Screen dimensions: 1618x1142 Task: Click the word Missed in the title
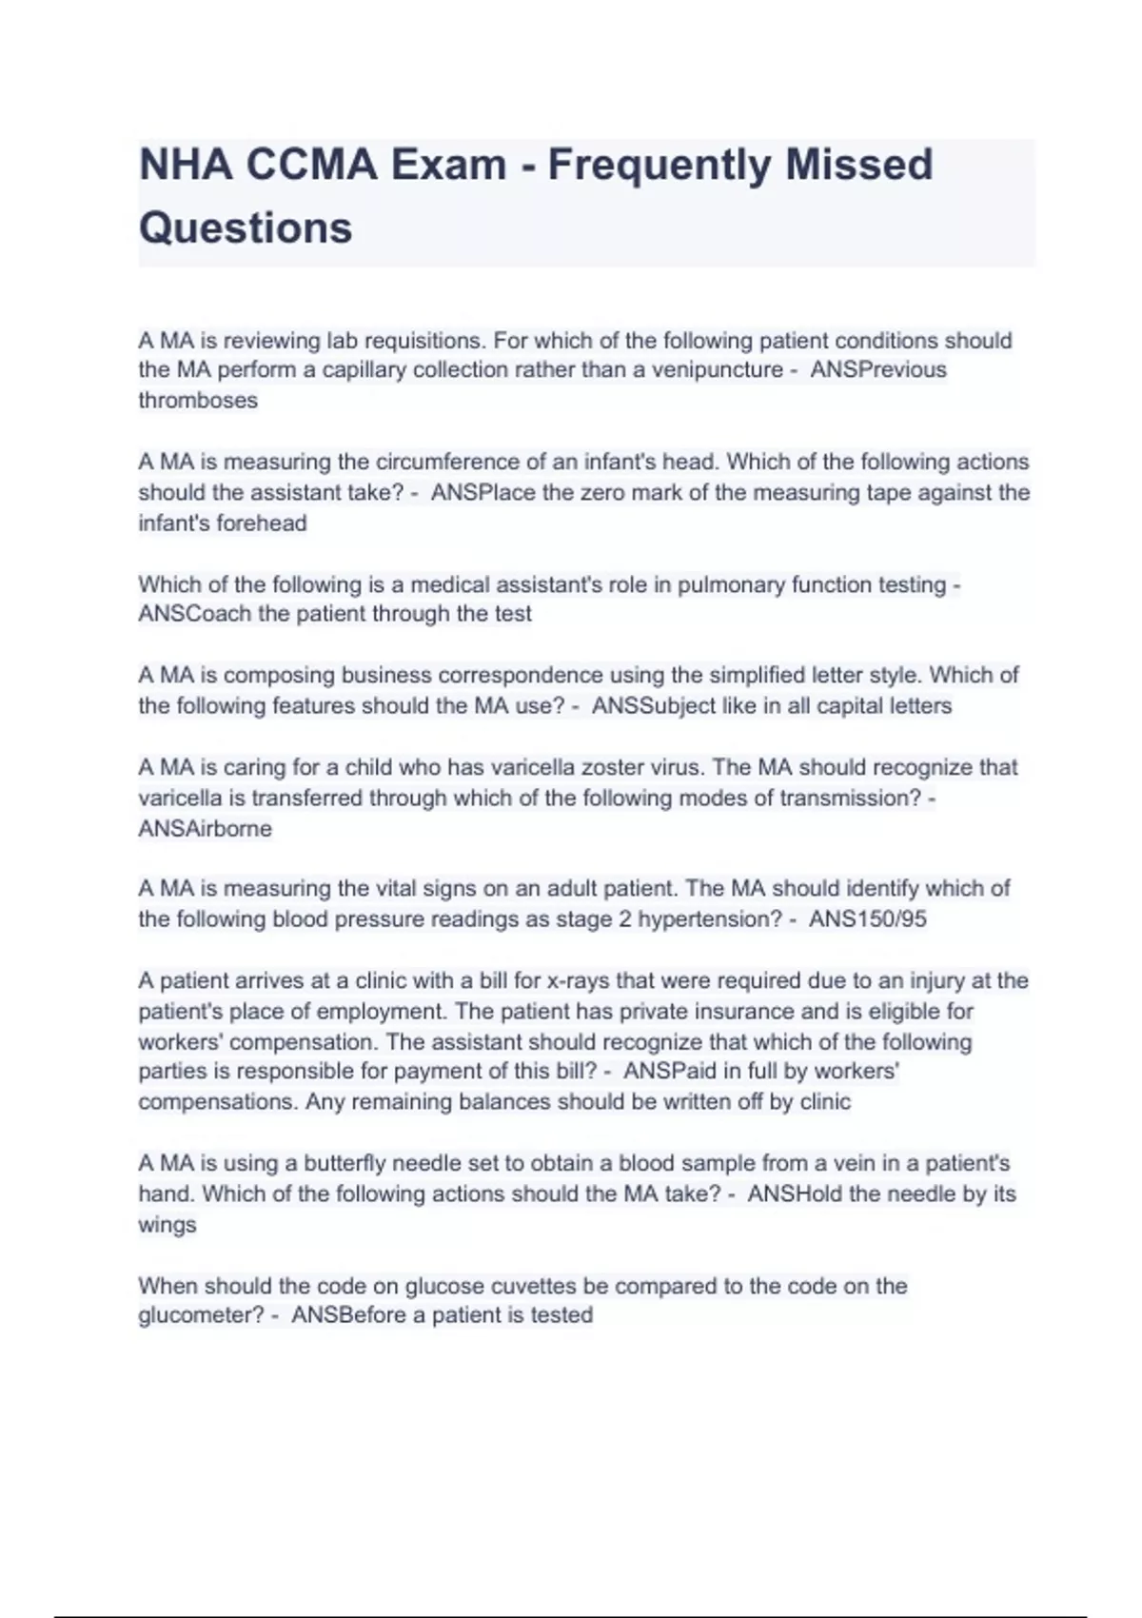pos(858,165)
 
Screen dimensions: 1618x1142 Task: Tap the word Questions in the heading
pos(246,228)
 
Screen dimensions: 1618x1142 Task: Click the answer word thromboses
pos(198,401)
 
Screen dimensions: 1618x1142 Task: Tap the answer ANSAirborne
pos(205,829)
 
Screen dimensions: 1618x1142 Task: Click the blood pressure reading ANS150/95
pos(867,919)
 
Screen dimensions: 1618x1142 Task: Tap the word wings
pos(167,1225)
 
